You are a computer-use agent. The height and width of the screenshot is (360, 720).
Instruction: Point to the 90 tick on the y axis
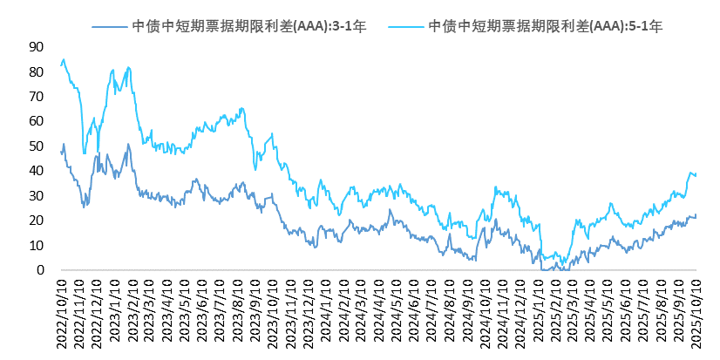coord(36,46)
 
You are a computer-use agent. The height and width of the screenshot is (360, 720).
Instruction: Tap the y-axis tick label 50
coord(36,146)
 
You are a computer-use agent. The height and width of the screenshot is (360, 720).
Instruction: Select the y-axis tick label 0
coord(40,270)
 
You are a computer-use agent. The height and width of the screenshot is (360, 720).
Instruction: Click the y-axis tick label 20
coord(36,221)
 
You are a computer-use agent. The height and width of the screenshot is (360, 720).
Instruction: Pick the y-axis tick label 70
coord(36,96)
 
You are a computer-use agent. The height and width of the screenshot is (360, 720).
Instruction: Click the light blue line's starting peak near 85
coord(64,59)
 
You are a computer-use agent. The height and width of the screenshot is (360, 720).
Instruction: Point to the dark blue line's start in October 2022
coord(61,152)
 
